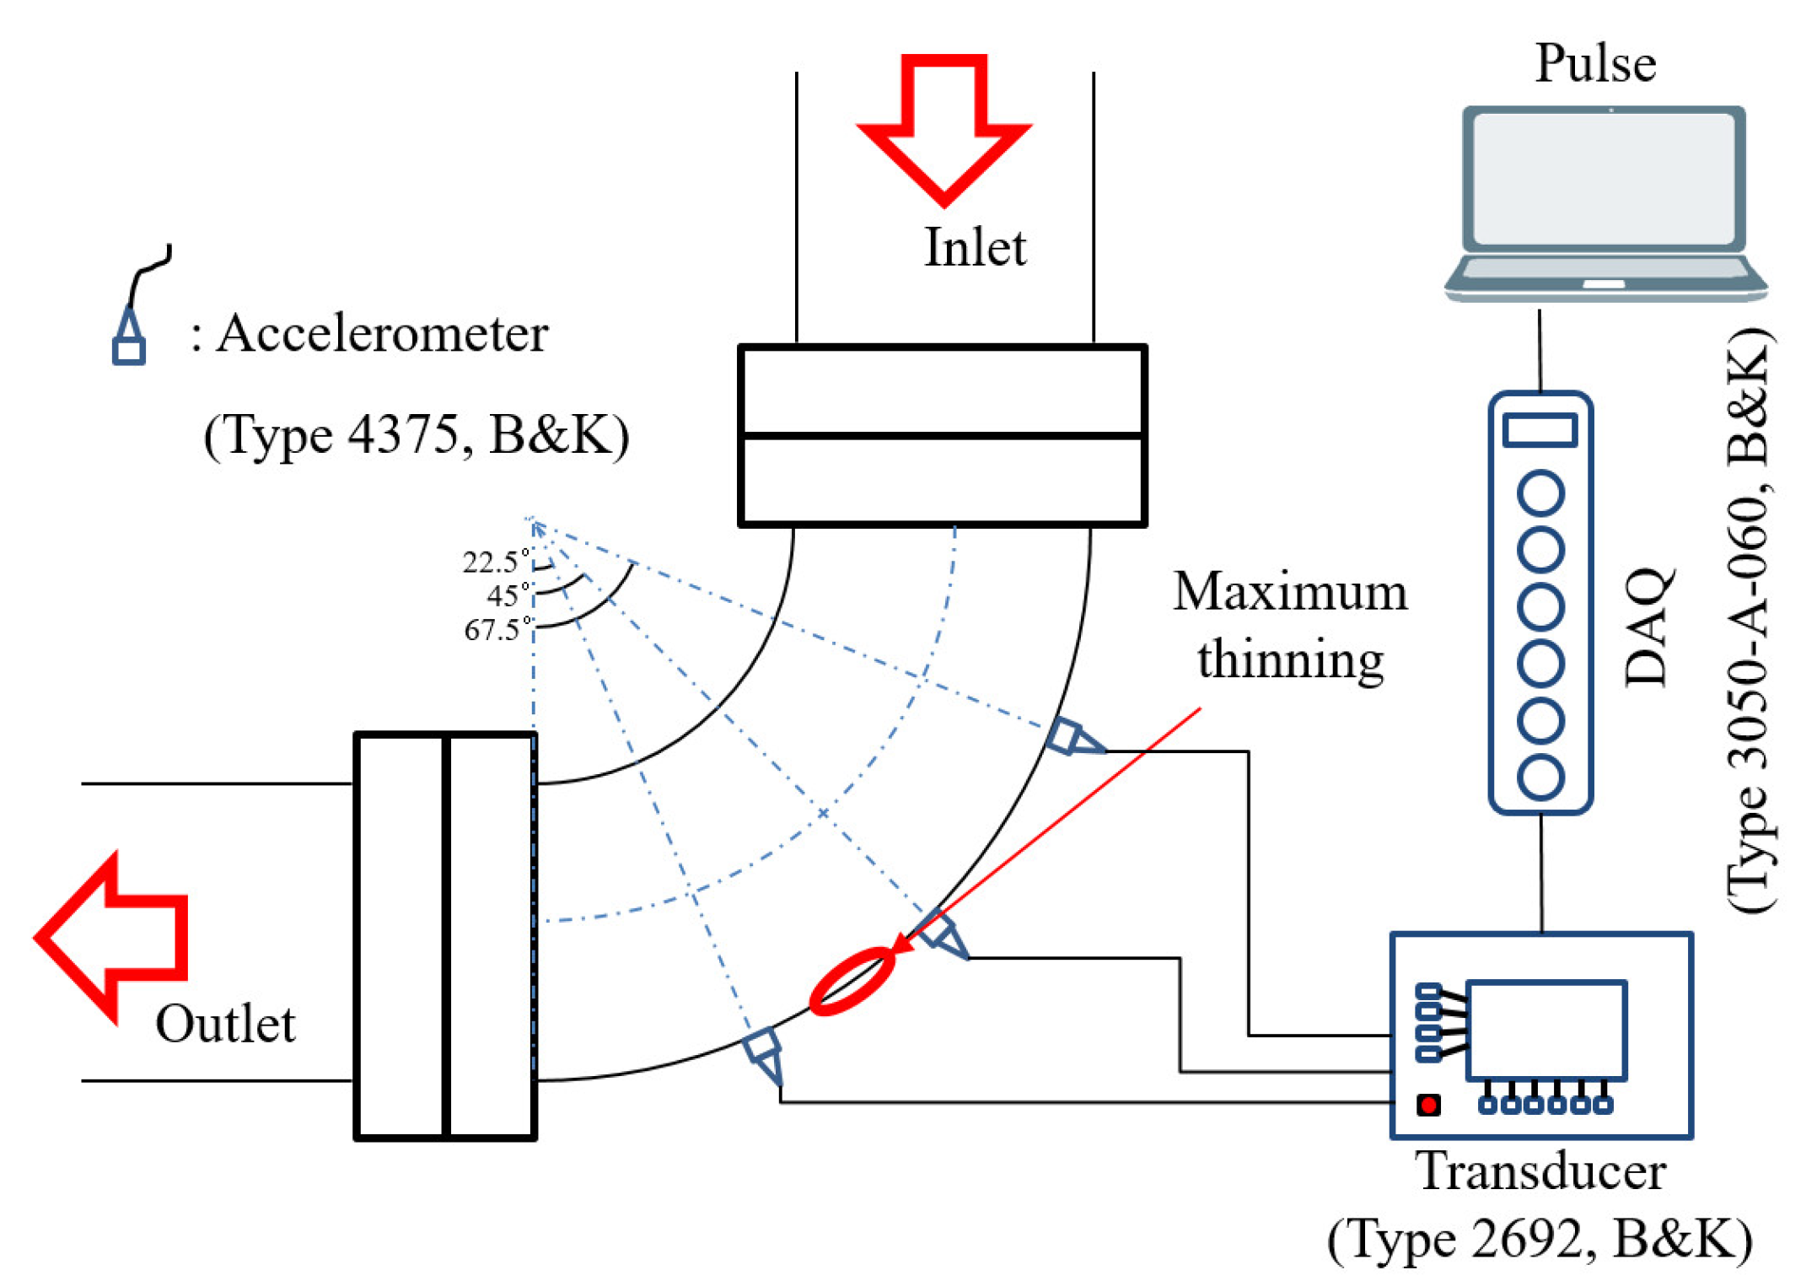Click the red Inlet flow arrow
(943, 126)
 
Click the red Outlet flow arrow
(110, 937)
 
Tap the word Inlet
(975, 248)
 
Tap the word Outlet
(225, 1024)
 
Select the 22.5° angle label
(494, 562)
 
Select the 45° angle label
(507, 595)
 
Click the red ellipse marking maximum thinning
(852, 981)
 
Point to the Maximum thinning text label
(1290, 624)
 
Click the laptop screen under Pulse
(1604, 179)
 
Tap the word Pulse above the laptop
(1595, 63)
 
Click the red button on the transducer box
(1428, 1105)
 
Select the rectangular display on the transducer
(1546, 1030)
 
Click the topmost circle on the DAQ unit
(1540, 493)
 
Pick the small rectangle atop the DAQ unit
(1540, 429)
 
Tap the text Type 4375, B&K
(416, 435)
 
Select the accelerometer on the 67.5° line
(1072, 737)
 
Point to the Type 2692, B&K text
(1540, 1240)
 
